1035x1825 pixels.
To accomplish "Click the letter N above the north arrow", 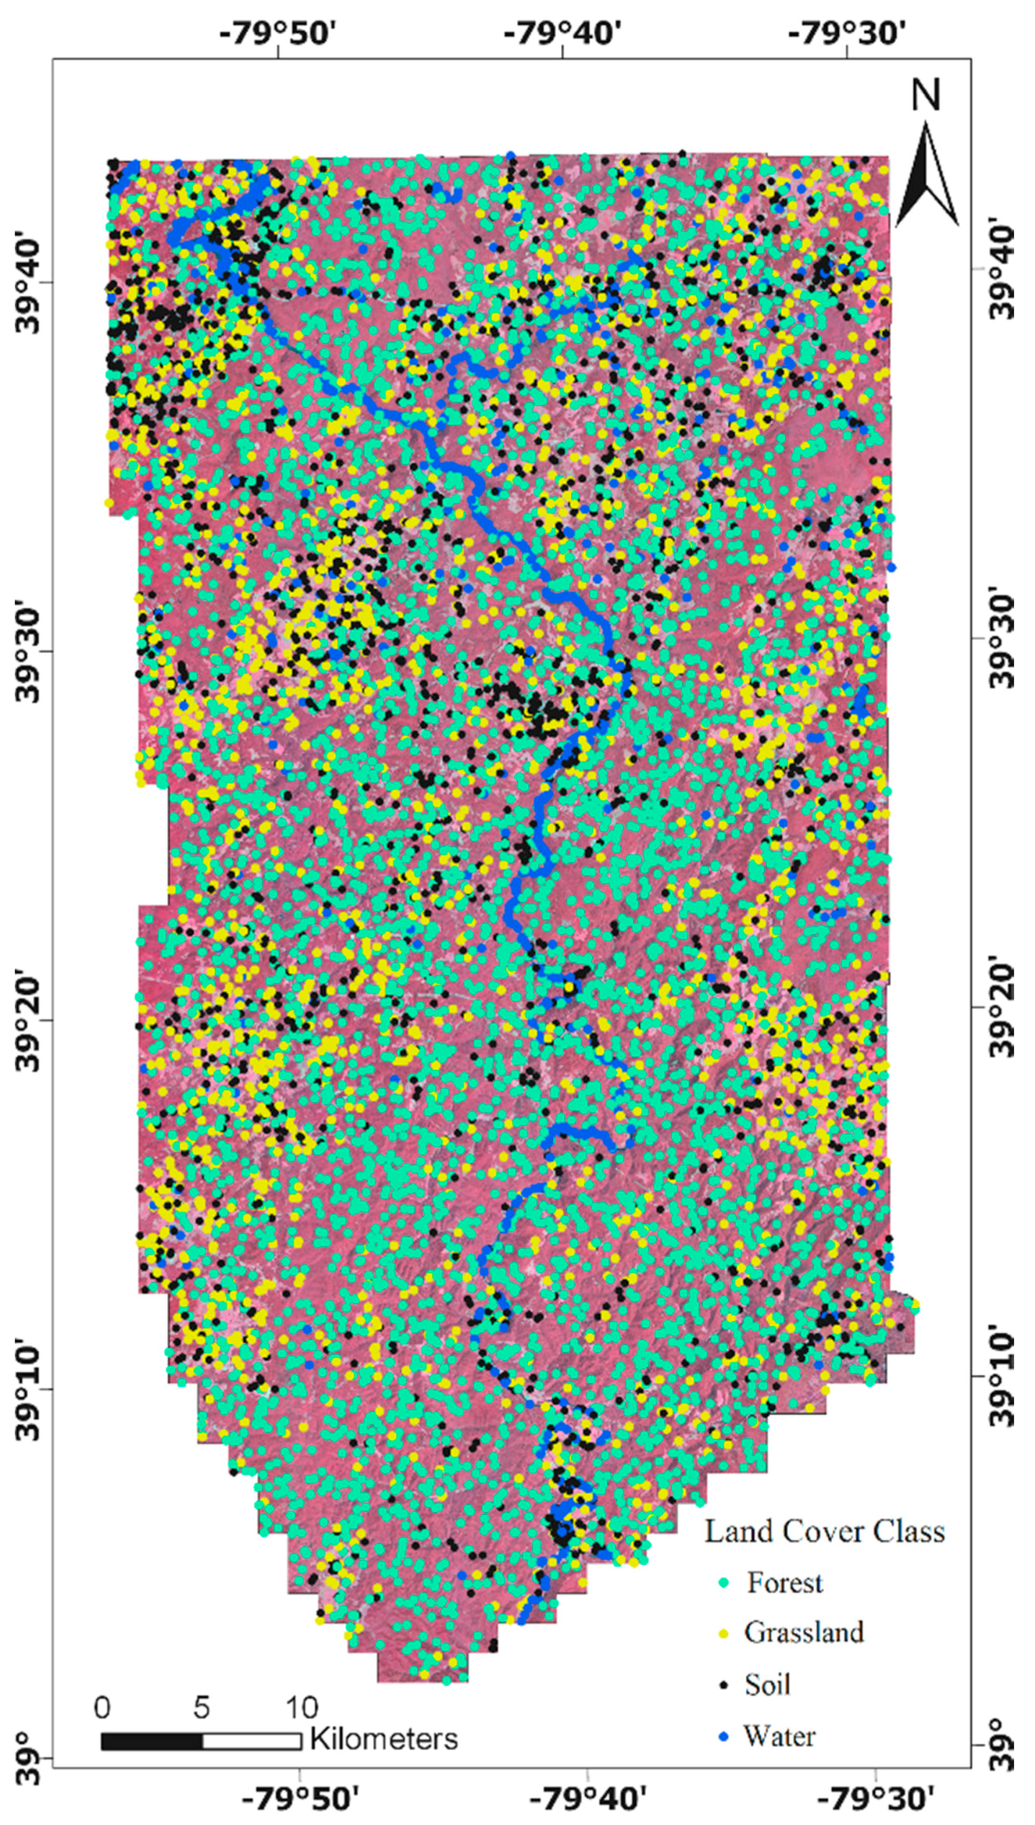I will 926,95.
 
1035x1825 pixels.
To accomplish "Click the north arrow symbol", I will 927,174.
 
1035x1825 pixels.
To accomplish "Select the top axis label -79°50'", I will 277,33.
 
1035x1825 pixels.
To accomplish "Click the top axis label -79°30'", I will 848,33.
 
